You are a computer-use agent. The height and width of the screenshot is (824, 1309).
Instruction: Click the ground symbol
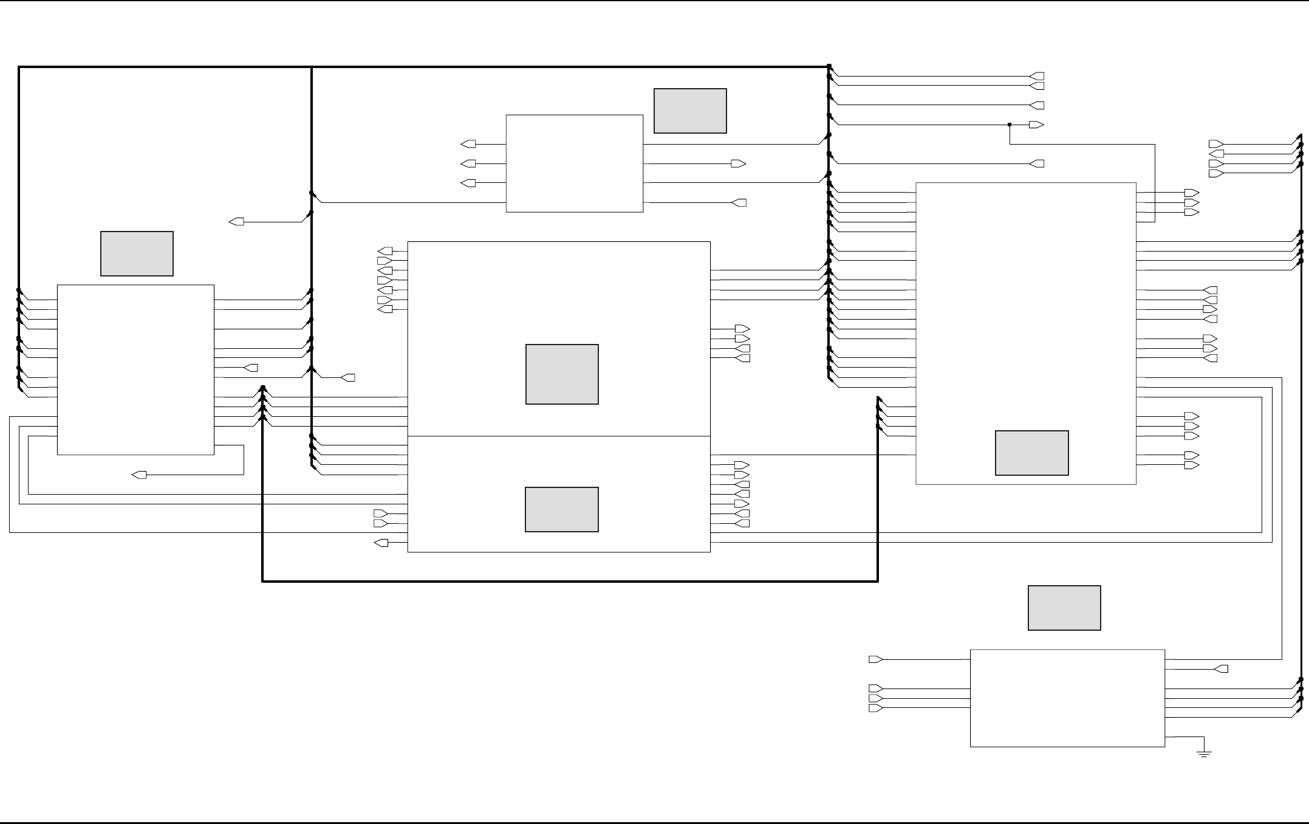(x=1204, y=753)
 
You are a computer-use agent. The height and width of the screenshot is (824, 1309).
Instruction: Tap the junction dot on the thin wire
(x=1010, y=125)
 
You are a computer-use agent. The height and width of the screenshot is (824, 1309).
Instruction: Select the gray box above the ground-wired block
(x=1064, y=608)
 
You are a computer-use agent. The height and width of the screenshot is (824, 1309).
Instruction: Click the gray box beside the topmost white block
(x=690, y=111)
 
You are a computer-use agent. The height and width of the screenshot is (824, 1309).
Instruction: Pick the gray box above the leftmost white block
(x=137, y=253)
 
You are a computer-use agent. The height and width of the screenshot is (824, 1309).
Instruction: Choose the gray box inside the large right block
(x=1031, y=453)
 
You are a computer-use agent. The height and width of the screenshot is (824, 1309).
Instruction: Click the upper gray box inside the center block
(x=562, y=374)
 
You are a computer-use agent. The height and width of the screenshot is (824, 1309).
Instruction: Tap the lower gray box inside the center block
(x=562, y=509)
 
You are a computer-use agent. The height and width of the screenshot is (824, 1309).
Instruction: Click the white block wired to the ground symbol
(x=1067, y=698)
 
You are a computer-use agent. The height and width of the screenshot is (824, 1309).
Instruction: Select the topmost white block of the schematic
(x=574, y=163)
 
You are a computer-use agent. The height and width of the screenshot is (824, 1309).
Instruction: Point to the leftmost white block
(x=135, y=369)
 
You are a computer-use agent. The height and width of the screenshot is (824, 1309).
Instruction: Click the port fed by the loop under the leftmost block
(x=139, y=475)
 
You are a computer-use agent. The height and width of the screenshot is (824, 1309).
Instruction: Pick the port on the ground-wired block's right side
(x=1221, y=669)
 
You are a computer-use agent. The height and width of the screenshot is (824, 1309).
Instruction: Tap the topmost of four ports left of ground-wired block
(x=875, y=659)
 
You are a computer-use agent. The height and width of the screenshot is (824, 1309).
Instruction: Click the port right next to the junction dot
(x=1036, y=125)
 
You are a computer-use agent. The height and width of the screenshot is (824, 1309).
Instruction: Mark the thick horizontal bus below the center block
(x=570, y=582)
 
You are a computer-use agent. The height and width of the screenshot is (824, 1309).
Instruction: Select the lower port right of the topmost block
(x=739, y=202)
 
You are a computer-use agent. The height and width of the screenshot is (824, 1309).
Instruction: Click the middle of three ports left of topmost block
(x=468, y=163)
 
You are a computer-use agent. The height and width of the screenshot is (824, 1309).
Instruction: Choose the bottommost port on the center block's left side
(x=381, y=543)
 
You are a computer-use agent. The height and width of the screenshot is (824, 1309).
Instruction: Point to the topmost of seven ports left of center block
(x=385, y=251)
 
